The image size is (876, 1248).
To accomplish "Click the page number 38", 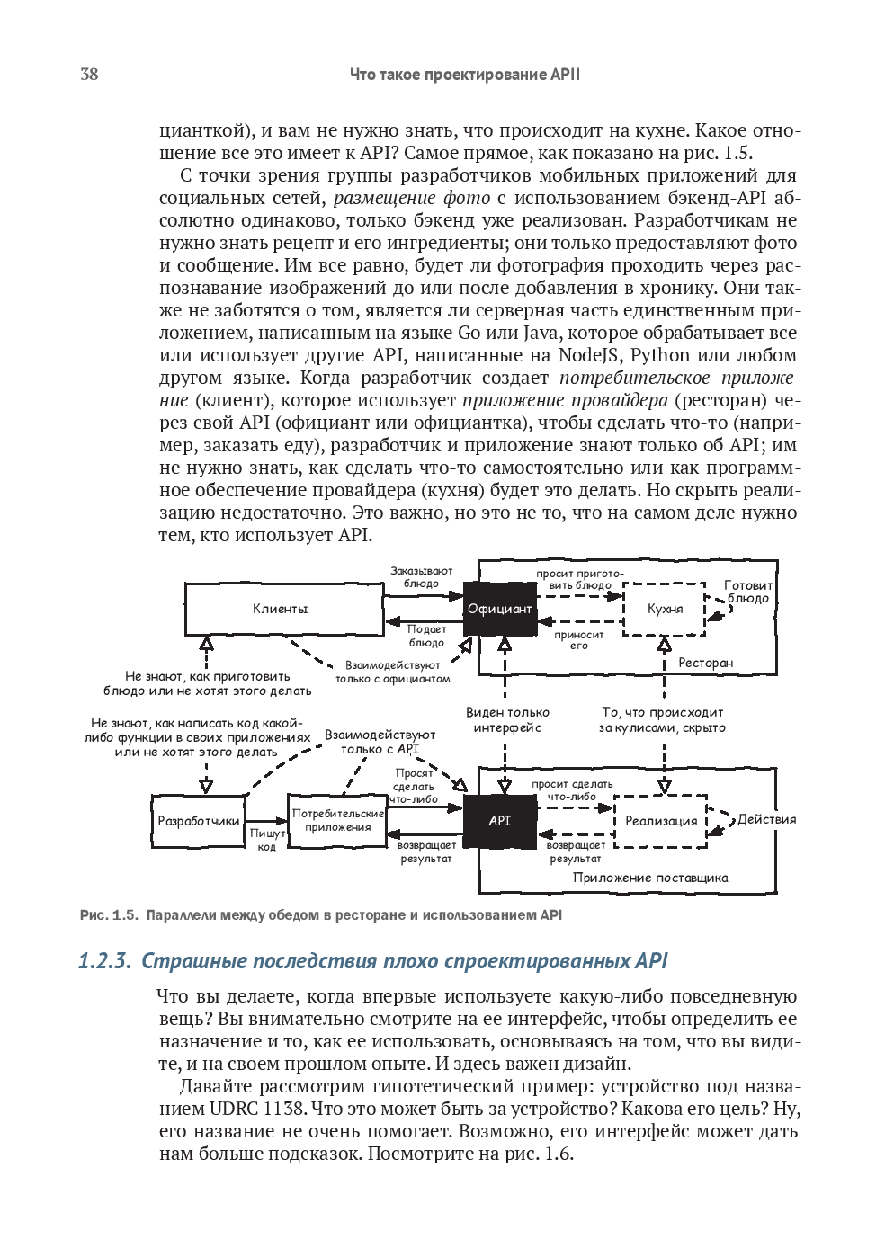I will click(89, 75).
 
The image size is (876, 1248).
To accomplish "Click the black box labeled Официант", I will click(499, 609).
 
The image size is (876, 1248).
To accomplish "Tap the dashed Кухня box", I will click(665, 609).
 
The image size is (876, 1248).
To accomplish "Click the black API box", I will click(499, 820).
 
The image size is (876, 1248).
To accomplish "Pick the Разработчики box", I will click(199, 821).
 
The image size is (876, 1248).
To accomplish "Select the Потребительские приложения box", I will click(337, 820).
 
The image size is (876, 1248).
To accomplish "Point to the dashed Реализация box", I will click(661, 821).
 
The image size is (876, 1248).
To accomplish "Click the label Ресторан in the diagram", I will click(705, 663).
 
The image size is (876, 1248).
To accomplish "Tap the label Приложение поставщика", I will click(650, 878).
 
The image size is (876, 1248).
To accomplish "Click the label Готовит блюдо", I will click(748, 592).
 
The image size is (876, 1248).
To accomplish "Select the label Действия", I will click(766, 819).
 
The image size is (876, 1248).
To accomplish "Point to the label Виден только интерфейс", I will click(507, 720).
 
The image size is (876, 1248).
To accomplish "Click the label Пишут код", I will click(267, 840).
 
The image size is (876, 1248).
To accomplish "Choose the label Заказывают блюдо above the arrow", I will click(421, 577).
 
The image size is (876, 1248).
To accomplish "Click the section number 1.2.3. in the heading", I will click(104, 961).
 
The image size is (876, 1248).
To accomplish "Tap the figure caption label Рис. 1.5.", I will click(109, 915).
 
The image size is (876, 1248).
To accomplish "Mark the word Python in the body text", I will click(660, 355).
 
